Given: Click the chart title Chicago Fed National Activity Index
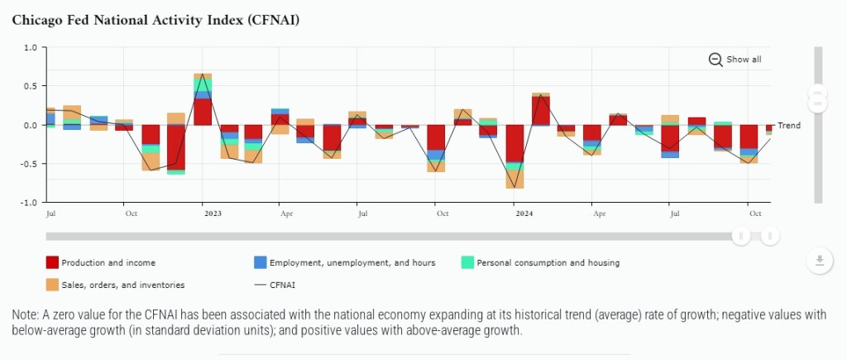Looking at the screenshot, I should [156, 20].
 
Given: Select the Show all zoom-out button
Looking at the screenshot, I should [735, 60].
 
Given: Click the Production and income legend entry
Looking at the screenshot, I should [100, 263].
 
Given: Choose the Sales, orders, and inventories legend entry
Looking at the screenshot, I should [115, 285].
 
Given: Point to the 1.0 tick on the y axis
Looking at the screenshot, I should [30, 48].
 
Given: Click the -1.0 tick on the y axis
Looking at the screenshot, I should [28, 202].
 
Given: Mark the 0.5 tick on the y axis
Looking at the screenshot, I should [30, 86].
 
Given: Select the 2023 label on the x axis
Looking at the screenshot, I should [213, 214].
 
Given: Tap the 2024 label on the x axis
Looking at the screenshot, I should [524, 214].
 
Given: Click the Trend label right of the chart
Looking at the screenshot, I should [789, 126].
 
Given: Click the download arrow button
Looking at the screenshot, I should [819, 262].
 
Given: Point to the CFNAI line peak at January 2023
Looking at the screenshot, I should [203, 75].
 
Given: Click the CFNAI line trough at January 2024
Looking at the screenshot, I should [515, 188].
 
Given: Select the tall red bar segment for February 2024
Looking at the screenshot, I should [541, 111].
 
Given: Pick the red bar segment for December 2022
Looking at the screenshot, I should [176, 146].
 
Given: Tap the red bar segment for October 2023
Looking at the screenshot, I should [436, 137].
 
